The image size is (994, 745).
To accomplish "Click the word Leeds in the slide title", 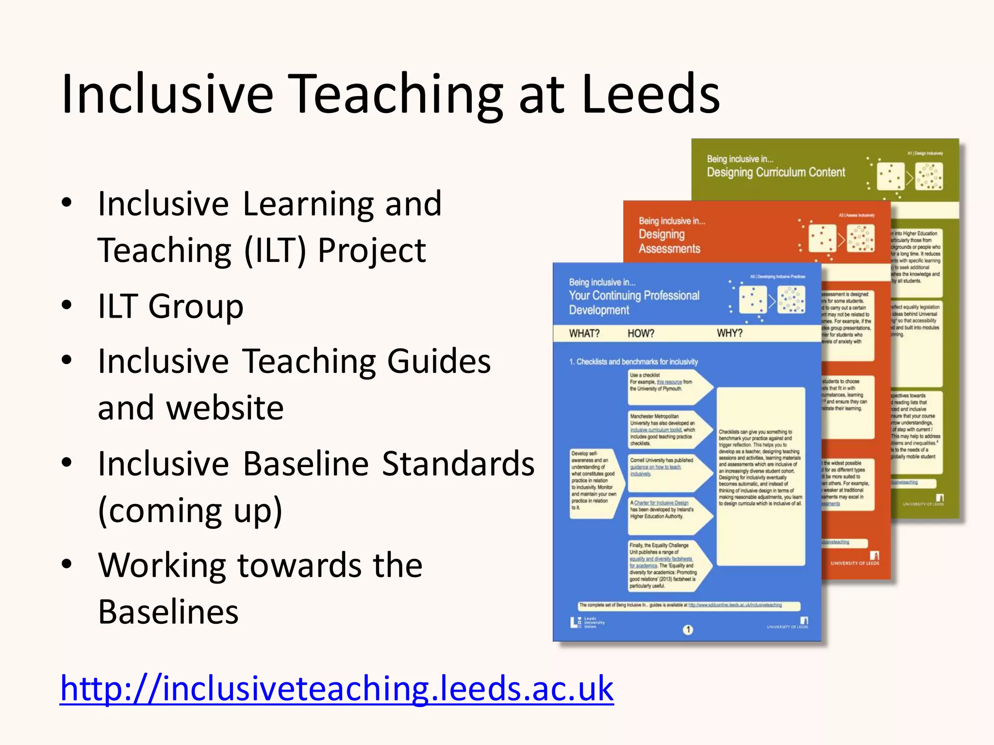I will [x=650, y=93].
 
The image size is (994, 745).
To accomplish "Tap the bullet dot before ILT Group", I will [x=67, y=305].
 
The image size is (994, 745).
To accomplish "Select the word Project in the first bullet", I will [x=372, y=250].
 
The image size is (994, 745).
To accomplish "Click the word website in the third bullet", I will [x=191, y=408].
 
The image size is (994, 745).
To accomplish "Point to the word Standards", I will [x=458, y=464].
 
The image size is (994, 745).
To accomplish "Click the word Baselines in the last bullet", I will [x=168, y=612].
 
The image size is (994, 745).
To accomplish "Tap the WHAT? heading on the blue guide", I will [x=584, y=334].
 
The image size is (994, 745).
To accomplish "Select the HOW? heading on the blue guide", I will [x=641, y=334].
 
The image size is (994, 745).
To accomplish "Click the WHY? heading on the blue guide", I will [x=729, y=333].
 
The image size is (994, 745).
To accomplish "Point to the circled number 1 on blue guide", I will [x=688, y=630].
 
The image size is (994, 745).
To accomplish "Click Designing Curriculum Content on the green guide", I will [x=776, y=172].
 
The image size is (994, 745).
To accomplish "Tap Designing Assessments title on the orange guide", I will [x=669, y=241].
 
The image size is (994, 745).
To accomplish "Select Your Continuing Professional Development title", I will [x=634, y=302].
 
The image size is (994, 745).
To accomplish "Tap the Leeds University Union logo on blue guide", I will [x=587, y=622].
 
